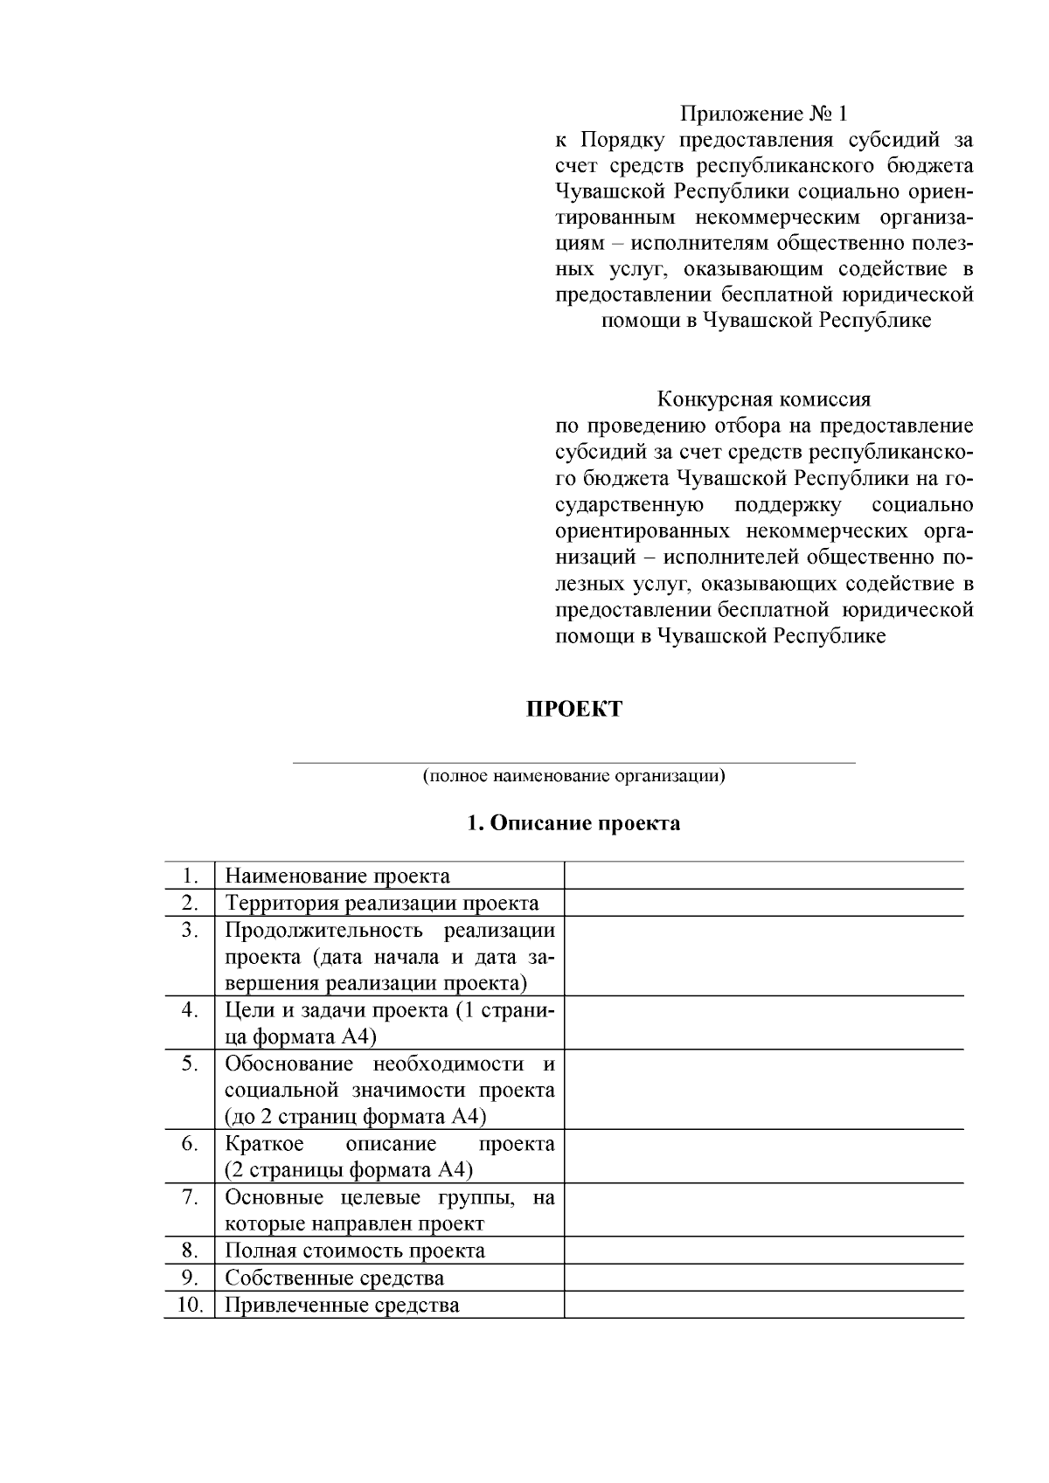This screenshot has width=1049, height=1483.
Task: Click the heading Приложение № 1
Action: click(764, 114)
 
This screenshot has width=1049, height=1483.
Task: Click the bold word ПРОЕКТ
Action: click(573, 709)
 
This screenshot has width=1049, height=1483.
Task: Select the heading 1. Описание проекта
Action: click(573, 823)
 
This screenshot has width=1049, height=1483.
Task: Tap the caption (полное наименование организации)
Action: click(573, 775)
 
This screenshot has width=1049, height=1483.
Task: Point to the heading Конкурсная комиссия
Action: click(764, 399)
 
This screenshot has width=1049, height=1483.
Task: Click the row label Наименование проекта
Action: click(337, 876)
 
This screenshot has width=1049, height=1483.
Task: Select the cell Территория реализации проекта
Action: click(382, 903)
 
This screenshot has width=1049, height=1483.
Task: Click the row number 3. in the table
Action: click(190, 929)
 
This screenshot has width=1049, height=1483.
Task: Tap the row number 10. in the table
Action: click(190, 1305)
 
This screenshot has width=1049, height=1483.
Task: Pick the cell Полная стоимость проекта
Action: click(355, 1251)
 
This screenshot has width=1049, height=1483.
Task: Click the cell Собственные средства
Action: click(334, 1278)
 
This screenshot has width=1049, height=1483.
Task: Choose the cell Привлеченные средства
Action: click(342, 1305)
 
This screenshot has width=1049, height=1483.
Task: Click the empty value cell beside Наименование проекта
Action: click(763, 876)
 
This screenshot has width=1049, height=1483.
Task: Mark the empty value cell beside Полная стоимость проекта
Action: click(763, 1251)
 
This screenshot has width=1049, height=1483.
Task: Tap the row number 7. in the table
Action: click(190, 1196)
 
